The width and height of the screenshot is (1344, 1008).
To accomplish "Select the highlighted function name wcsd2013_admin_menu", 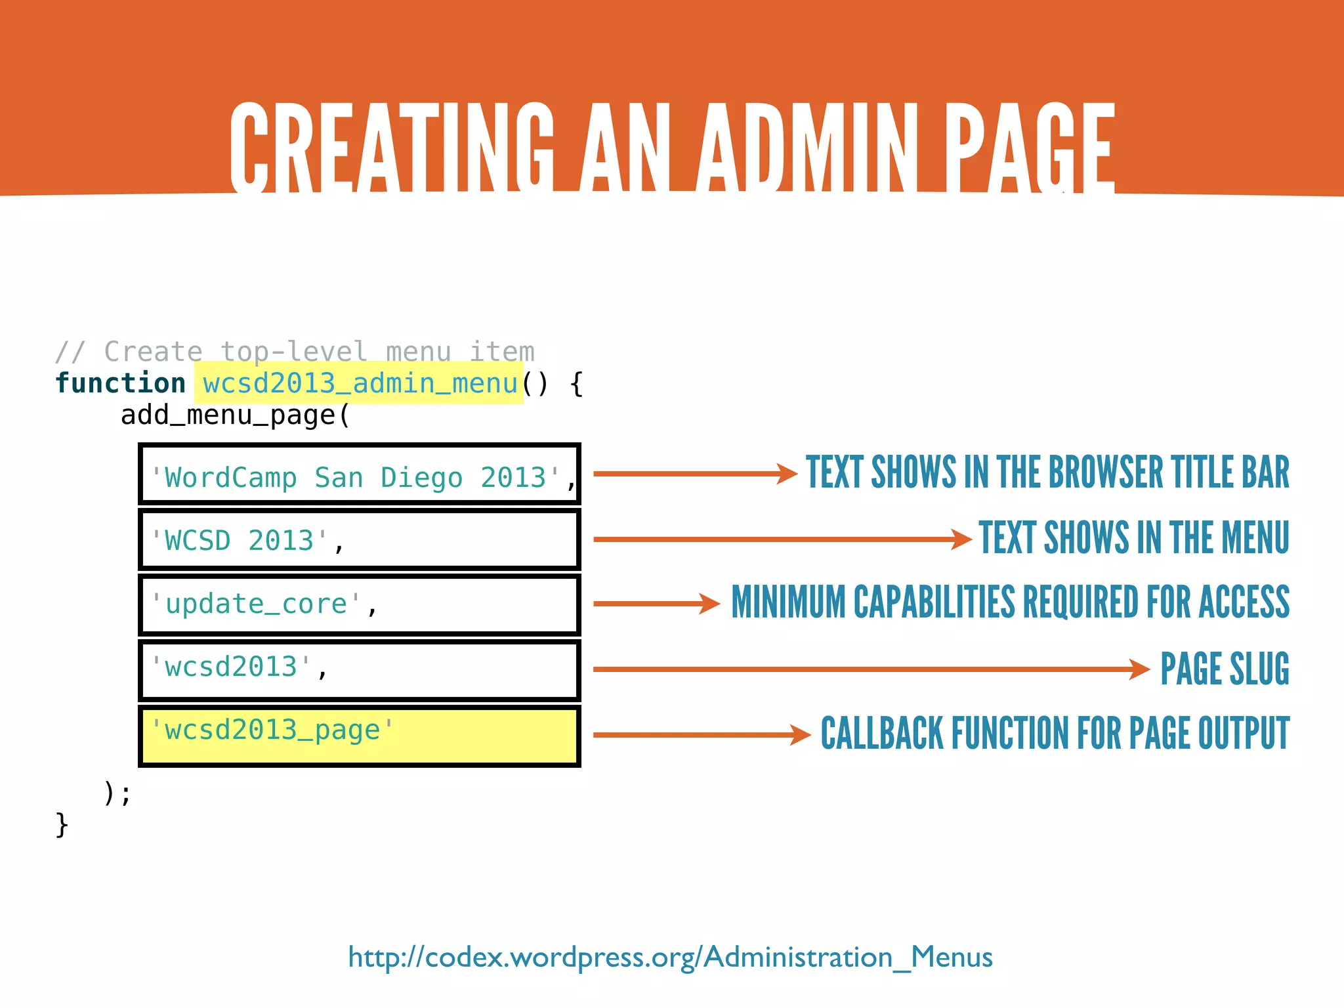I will tap(360, 383).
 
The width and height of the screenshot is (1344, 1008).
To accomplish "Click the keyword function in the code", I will tap(121, 383).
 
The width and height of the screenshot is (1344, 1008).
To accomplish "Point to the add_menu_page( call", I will tap(235, 415).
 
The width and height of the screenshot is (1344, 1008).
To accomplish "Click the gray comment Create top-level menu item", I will tap(295, 352).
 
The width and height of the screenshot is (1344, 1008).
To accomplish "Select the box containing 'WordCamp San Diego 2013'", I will tap(360, 474).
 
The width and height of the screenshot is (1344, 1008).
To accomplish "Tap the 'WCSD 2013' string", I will tap(240, 541).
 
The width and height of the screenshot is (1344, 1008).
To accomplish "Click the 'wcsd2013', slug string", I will tap(232, 667).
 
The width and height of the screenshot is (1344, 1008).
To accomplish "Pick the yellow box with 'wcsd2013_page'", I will tap(360, 735).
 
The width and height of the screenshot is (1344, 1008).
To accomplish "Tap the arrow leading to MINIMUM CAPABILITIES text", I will tap(656, 604).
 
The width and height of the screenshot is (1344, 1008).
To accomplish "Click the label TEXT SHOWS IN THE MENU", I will tap(1133, 538).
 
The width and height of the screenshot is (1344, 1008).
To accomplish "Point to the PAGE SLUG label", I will tap(1224, 669).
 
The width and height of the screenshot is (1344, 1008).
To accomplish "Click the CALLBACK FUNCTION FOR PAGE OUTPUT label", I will tap(1055, 733).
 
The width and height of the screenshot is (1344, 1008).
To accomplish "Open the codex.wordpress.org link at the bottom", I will tap(670, 957).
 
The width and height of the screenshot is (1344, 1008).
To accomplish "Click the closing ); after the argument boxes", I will tap(117, 793).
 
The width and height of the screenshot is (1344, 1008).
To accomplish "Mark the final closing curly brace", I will tap(62, 825).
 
